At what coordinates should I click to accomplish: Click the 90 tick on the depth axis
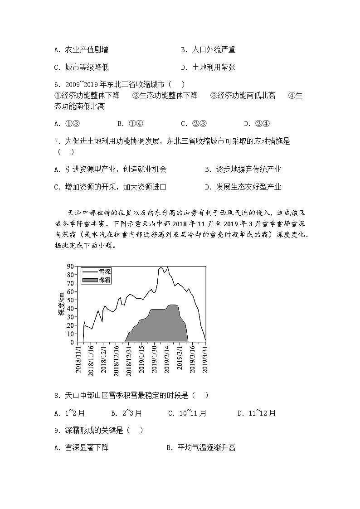coord(71,266)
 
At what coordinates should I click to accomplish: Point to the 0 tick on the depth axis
coord(73,342)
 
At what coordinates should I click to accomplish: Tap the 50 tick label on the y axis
coord(71,300)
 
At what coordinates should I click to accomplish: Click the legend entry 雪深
coord(104,271)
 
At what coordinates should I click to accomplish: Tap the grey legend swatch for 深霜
coord(90,280)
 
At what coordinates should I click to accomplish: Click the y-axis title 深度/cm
coord(62,304)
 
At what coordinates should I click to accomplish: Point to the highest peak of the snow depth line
coord(167,267)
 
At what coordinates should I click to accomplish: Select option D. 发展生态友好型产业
coord(243,187)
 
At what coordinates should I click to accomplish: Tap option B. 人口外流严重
coord(208,50)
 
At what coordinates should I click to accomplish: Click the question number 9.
coord(57,430)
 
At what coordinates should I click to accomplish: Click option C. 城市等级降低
coord(81,67)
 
